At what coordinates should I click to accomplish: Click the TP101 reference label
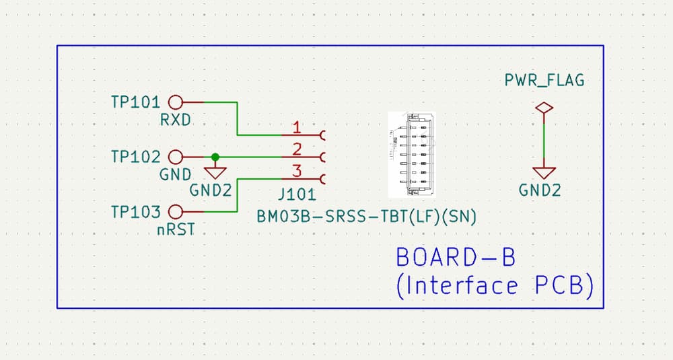[135, 102]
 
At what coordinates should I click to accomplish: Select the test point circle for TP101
[175, 102]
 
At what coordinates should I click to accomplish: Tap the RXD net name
[176, 120]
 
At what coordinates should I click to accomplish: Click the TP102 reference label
[135, 157]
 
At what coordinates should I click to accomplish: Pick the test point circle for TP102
[175, 157]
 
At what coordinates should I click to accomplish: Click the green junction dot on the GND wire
[215, 157]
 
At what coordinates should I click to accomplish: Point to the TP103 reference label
[135, 213]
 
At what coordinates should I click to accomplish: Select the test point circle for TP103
[175, 212]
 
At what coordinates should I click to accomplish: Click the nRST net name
[176, 230]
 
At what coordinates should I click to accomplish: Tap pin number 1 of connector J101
[297, 127]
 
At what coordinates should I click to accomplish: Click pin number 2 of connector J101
[297, 149]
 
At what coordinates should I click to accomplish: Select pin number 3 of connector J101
[297, 171]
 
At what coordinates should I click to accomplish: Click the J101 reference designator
[296, 196]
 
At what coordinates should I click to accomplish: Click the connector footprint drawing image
[411, 155]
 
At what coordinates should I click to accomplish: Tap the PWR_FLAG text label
[544, 81]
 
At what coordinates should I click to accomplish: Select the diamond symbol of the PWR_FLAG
[543, 108]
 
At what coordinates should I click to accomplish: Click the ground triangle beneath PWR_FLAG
[543, 173]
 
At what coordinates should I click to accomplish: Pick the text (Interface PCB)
[495, 286]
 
